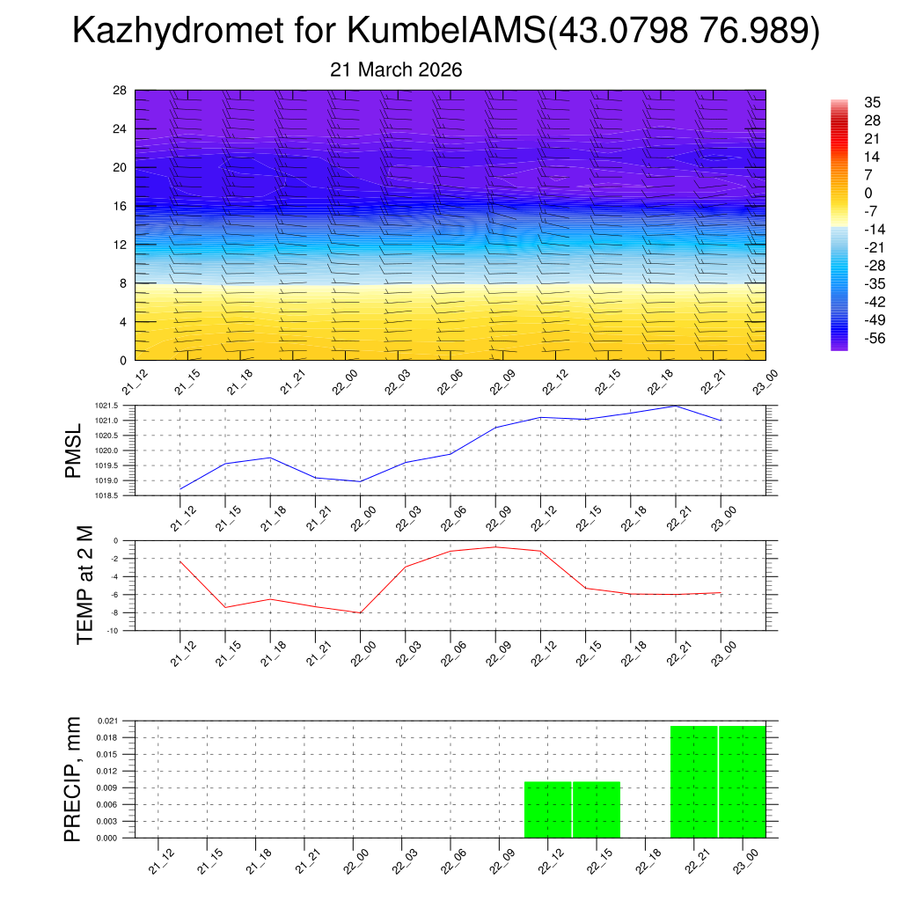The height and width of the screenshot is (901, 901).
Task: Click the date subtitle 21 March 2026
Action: (396, 70)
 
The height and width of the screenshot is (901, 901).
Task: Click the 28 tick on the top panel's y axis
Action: (120, 91)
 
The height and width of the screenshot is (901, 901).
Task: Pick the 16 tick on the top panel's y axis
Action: (120, 206)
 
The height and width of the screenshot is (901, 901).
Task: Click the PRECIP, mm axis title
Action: (74, 779)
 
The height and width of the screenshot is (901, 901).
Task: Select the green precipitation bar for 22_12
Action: (548, 809)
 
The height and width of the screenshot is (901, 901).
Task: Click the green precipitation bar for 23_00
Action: (742, 782)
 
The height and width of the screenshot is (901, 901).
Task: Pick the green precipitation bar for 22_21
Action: (693, 782)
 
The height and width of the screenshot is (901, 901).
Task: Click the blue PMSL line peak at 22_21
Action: (676, 406)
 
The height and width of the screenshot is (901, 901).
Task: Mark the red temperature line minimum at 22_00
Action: (361, 612)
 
